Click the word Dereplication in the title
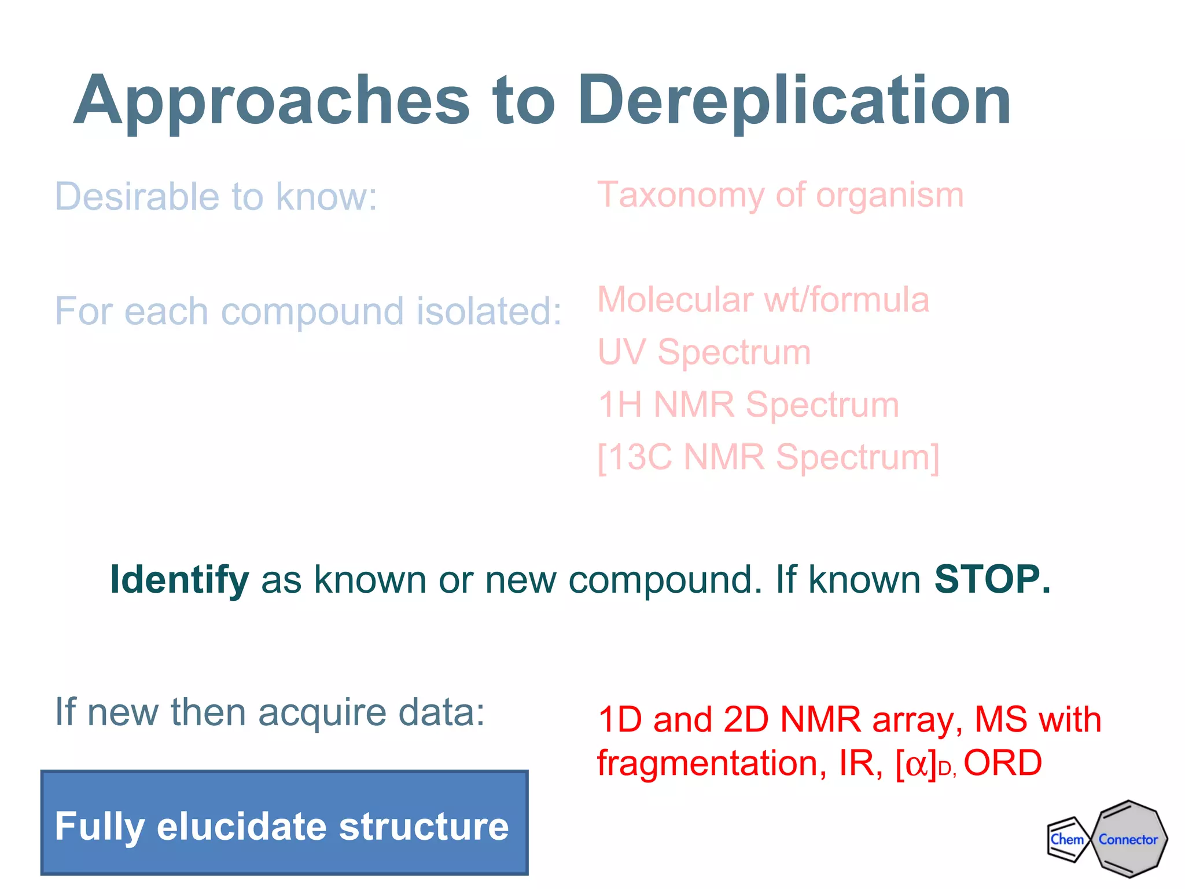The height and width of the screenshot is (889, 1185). coord(794,101)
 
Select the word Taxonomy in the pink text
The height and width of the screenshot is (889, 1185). coord(680,196)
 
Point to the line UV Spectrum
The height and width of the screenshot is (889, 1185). coord(704,352)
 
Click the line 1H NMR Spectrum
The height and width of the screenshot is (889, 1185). coord(748,404)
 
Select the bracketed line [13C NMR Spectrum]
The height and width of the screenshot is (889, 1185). coord(768,457)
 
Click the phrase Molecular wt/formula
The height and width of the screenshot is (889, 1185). coord(763,300)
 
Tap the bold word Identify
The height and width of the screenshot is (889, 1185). coord(179,579)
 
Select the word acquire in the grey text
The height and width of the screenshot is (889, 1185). coord(322,712)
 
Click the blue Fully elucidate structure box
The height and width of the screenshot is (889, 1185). coord(284,822)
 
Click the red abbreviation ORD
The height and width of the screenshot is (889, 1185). coord(1002,763)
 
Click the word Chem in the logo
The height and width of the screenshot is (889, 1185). coord(1066,839)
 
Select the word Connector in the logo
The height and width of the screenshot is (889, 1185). coord(1128,839)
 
